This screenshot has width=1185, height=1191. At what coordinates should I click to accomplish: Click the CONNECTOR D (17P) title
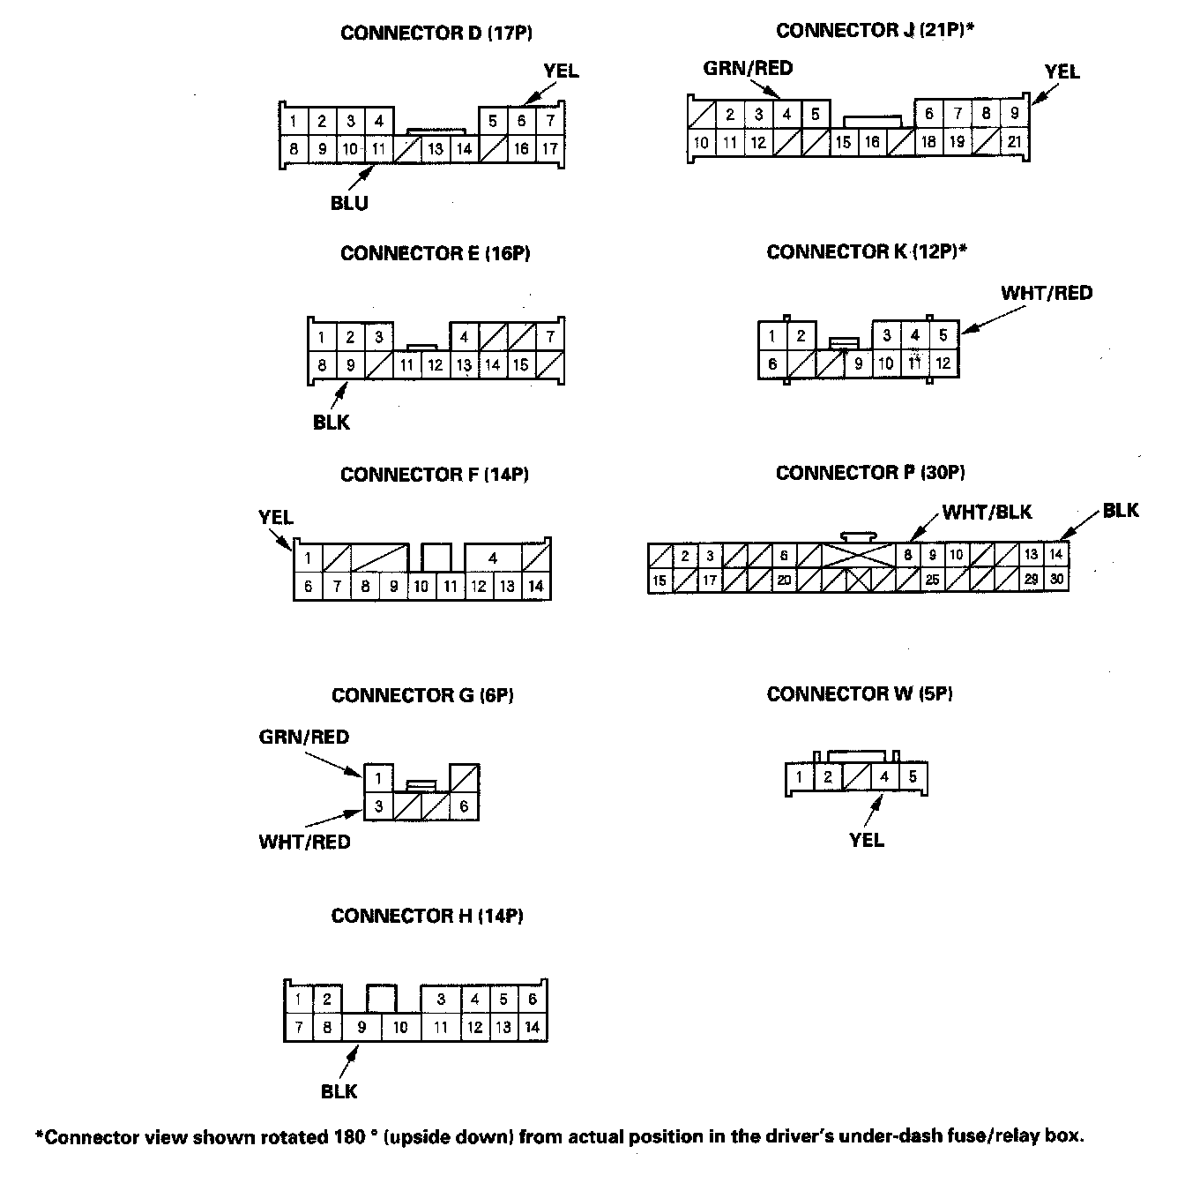click(x=436, y=34)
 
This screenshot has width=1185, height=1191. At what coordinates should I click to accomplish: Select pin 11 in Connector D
click(x=378, y=149)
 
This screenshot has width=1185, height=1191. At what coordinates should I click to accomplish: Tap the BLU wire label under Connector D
click(x=349, y=203)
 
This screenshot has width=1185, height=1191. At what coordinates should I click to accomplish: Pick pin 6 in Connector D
click(x=522, y=121)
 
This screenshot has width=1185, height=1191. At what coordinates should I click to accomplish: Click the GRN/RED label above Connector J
click(x=748, y=68)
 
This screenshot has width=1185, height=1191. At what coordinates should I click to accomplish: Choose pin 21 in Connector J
click(x=1015, y=142)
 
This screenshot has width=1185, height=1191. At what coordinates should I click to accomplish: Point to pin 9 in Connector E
click(x=350, y=364)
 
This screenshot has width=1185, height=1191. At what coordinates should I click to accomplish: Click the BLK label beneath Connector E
click(x=332, y=423)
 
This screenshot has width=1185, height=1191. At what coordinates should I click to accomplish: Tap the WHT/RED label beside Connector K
click(x=1047, y=293)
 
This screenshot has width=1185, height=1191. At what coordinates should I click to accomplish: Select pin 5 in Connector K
click(x=943, y=335)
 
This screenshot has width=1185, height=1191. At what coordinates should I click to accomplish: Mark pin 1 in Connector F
click(x=308, y=558)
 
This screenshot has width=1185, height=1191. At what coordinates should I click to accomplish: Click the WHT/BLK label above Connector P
click(x=987, y=512)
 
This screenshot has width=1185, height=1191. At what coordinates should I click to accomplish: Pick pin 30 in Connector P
click(x=1056, y=580)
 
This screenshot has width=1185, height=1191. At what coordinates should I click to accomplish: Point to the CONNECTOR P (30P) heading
click(x=870, y=473)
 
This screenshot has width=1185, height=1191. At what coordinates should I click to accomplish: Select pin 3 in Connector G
click(x=378, y=806)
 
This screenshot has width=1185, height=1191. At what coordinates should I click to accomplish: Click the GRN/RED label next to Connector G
click(x=304, y=737)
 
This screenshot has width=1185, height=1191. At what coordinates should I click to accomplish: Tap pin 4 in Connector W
click(x=884, y=777)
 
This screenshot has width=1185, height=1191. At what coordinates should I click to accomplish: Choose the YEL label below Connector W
click(x=867, y=840)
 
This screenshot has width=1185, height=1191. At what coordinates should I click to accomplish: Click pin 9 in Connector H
click(x=361, y=1027)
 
